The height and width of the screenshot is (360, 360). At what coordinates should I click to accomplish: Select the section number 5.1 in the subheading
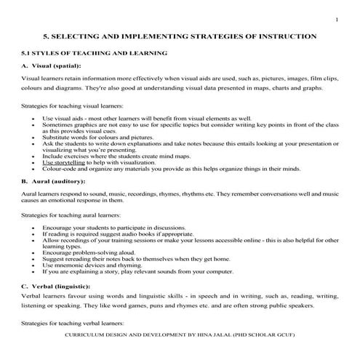tap(27, 53)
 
